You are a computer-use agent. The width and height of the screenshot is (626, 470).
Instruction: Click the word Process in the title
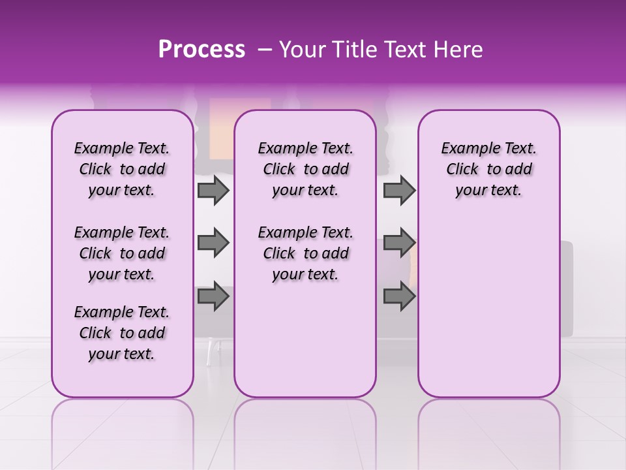pyautogui.click(x=201, y=50)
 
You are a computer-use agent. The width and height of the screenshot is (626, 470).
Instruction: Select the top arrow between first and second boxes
pyautogui.click(x=213, y=191)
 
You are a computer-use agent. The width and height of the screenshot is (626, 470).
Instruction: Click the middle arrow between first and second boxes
pyautogui.click(x=213, y=243)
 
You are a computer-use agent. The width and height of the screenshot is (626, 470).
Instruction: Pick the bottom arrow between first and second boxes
pyautogui.click(x=213, y=297)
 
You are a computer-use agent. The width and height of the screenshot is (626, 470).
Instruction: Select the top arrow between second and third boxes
pyautogui.click(x=399, y=191)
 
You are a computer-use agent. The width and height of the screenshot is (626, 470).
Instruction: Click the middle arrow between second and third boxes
pyautogui.click(x=399, y=243)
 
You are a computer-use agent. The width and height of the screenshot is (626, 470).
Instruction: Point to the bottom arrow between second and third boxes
pyautogui.click(x=399, y=297)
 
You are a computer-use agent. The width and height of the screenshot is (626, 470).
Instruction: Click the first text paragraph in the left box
pyautogui.click(x=122, y=169)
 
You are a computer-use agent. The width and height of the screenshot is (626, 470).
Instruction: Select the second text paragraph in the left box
pyautogui.click(x=122, y=253)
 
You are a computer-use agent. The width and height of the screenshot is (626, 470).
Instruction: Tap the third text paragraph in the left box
pyautogui.click(x=122, y=333)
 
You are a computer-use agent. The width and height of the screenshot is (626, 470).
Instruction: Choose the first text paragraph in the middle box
pyautogui.click(x=305, y=169)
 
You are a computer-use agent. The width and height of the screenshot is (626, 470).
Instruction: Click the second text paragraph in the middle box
pyautogui.click(x=305, y=253)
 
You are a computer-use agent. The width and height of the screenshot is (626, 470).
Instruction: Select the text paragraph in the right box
pyautogui.click(x=488, y=169)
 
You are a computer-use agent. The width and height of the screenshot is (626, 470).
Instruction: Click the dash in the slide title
pyautogui.click(x=264, y=50)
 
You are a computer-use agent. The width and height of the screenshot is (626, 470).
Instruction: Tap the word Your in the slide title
pyautogui.click(x=303, y=50)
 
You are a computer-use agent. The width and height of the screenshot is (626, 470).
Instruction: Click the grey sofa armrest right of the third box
pyautogui.click(x=566, y=287)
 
